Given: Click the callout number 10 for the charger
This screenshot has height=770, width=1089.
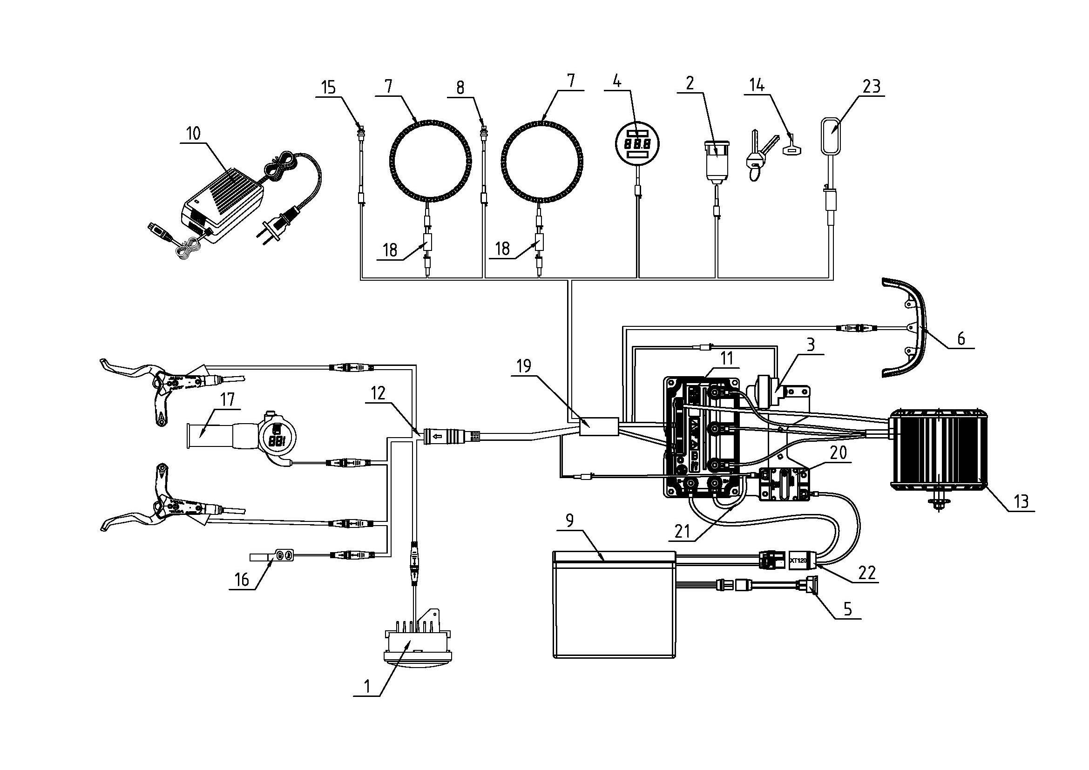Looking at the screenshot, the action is pyautogui.click(x=193, y=135).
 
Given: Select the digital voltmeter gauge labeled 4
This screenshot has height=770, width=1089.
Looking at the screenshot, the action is pyautogui.click(x=636, y=144).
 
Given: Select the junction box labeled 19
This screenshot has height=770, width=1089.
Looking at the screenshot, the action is pyautogui.click(x=599, y=426).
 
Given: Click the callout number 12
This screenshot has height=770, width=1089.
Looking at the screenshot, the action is pyautogui.click(x=379, y=393).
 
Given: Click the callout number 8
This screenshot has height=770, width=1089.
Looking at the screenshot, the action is pyautogui.click(x=460, y=88).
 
